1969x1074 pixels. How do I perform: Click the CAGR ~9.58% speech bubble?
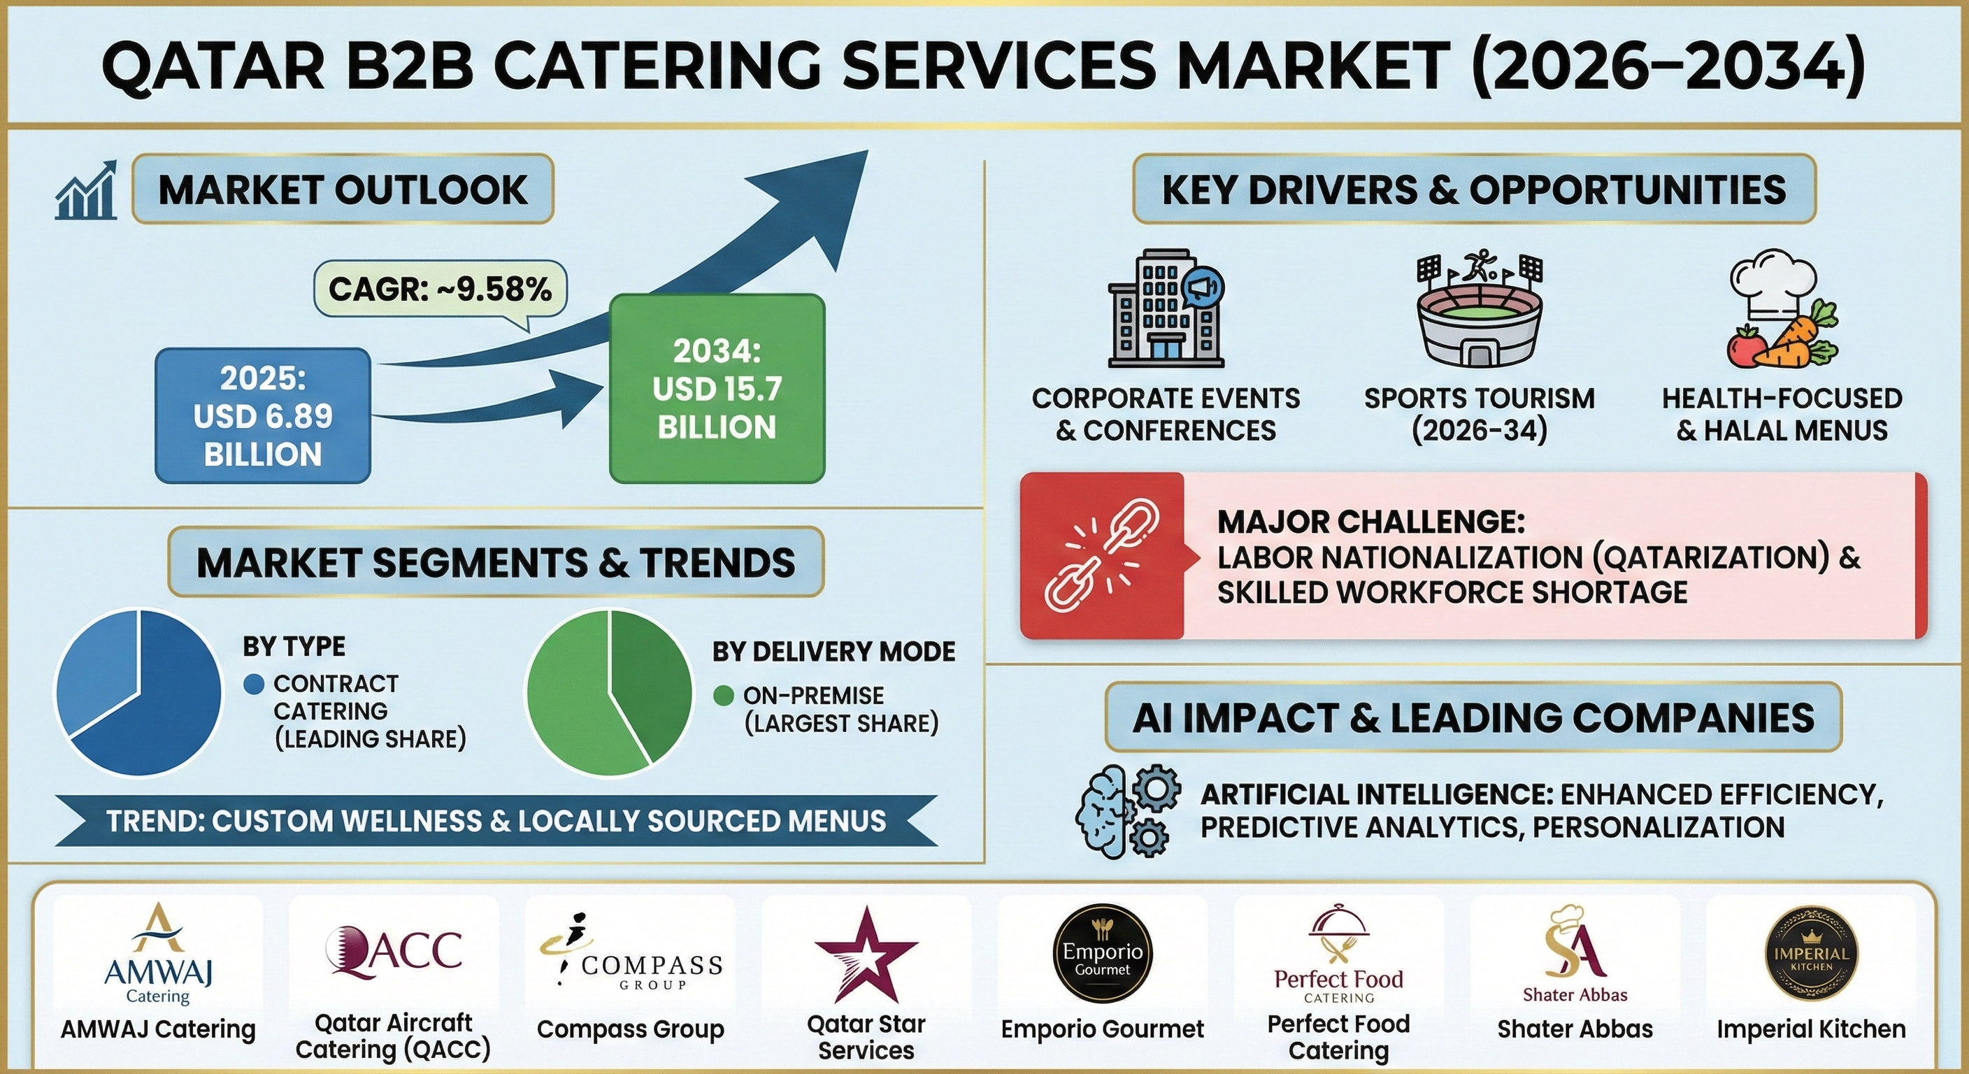click(441, 289)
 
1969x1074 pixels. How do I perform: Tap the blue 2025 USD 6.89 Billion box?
click(263, 416)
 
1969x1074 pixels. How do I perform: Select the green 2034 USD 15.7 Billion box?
click(717, 388)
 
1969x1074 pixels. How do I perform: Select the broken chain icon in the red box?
click(1101, 556)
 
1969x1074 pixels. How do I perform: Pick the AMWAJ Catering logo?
click(158, 952)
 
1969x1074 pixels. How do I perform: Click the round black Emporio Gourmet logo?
click(1102, 952)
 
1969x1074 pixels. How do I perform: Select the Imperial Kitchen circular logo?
click(1811, 954)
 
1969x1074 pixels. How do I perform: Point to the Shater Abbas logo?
click(1575, 952)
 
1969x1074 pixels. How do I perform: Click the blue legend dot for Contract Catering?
click(254, 683)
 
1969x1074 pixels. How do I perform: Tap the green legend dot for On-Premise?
click(723, 696)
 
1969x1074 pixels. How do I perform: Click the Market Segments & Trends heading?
click(495, 563)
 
